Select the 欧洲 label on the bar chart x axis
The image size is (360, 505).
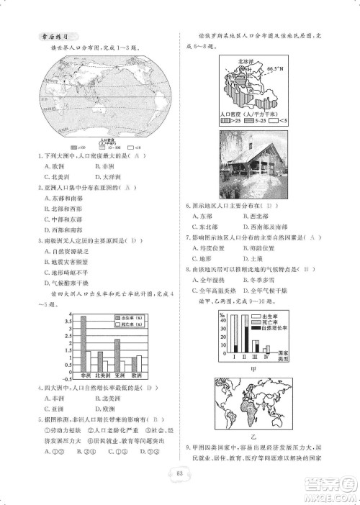point(139,376)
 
